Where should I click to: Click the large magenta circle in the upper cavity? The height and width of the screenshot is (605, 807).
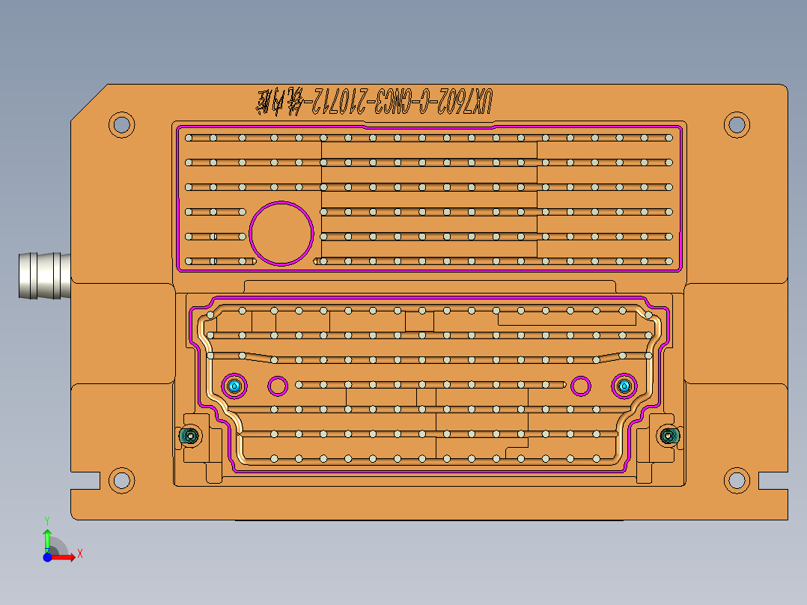(281, 233)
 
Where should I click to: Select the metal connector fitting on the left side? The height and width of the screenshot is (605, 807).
(43, 276)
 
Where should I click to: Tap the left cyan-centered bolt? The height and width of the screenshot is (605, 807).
(235, 386)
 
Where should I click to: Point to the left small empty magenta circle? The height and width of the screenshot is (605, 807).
(278, 386)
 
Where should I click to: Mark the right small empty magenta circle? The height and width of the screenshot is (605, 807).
(580, 386)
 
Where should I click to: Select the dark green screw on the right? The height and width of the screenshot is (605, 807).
(668, 435)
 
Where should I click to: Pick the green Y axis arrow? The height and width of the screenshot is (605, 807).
(46, 538)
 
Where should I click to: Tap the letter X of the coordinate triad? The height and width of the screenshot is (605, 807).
(79, 553)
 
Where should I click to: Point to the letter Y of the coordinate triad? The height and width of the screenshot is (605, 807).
(46, 520)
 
